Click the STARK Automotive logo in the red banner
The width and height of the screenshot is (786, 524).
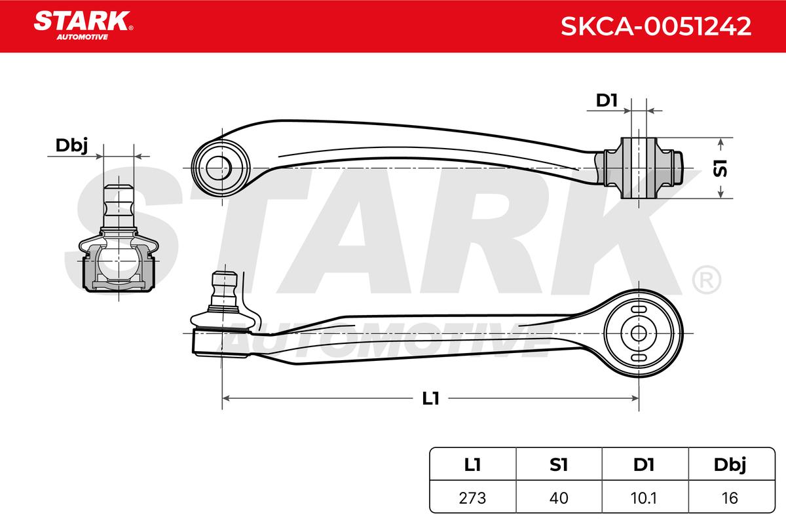tap(83, 26)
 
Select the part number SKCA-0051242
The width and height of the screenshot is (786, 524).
tap(656, 26)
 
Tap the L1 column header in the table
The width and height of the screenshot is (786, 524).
tap(472, 464)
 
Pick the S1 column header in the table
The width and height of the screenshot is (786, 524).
tap(559, 464)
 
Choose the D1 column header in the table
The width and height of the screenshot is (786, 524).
tap(644, 464)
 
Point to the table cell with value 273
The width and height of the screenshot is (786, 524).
tap(472, 498)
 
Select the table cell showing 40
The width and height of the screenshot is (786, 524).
tap(559, 498)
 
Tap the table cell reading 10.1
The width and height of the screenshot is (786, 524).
tap(644, 498)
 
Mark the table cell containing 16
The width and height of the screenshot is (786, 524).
tap(730, 498)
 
